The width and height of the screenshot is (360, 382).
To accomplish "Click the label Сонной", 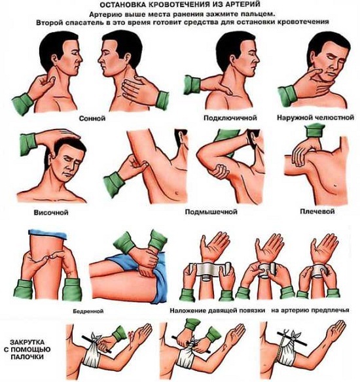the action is (x=92, y=118).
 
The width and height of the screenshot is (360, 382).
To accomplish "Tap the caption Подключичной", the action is (x=230, y=118).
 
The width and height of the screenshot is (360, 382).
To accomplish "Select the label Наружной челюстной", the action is (x=315, y=118).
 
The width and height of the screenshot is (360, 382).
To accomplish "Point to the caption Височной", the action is (x=50, y=213).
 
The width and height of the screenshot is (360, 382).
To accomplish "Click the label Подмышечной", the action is (x=211, y=211).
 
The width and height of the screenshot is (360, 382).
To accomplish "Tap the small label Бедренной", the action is (x=88, y=311).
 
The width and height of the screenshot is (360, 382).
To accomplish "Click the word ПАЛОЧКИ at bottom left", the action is (x=27, y=357).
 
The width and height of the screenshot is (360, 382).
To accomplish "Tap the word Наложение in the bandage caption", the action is (x=187, y=311).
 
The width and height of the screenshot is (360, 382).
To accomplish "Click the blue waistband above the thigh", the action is (x=48, y=234).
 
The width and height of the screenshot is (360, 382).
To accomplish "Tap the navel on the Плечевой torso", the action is (x=336, y=185).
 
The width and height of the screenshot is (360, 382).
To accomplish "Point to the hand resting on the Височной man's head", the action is (x=58, y=135).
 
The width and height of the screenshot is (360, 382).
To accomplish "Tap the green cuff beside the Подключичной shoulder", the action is (x=192, y=85).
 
